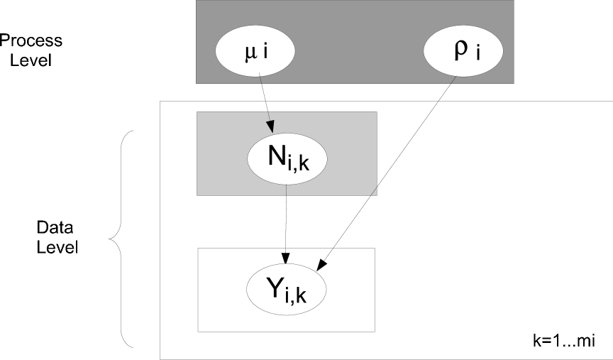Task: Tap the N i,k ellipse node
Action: pos(287,158)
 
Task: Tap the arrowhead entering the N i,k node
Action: pos(270,127)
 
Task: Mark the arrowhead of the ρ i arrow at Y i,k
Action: pos(321,266)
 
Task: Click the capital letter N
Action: pos(277,157)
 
